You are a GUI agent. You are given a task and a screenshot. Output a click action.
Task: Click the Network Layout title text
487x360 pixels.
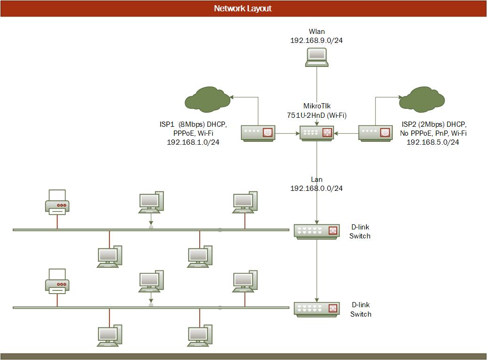243,8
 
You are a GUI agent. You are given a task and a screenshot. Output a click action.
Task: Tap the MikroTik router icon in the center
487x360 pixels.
317,133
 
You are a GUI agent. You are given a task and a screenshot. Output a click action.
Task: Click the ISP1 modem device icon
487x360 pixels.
258,133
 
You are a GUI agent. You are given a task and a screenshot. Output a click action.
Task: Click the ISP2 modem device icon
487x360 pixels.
375,133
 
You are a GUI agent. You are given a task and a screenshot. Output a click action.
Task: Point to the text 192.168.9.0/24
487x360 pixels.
317,41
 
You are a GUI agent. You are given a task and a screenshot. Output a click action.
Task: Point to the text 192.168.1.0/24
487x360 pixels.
193,142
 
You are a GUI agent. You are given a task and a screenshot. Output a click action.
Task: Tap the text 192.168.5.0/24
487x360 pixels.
433,142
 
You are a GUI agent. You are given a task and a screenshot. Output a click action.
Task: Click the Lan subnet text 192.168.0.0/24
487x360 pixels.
317,188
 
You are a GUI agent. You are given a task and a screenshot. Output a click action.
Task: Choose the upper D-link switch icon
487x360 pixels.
317,230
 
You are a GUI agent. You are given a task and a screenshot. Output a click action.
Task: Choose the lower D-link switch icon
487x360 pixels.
317,309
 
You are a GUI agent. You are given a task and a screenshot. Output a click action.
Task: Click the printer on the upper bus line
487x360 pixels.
57,203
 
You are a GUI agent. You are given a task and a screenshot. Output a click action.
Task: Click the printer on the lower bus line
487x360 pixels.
57,281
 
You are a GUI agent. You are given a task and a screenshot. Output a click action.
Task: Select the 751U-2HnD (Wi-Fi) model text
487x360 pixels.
317,115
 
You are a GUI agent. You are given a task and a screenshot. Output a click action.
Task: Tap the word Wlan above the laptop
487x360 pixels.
317,32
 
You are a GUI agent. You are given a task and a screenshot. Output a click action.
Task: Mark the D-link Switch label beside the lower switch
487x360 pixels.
360,310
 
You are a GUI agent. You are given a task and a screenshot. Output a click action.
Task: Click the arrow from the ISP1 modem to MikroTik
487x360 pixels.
287,133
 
